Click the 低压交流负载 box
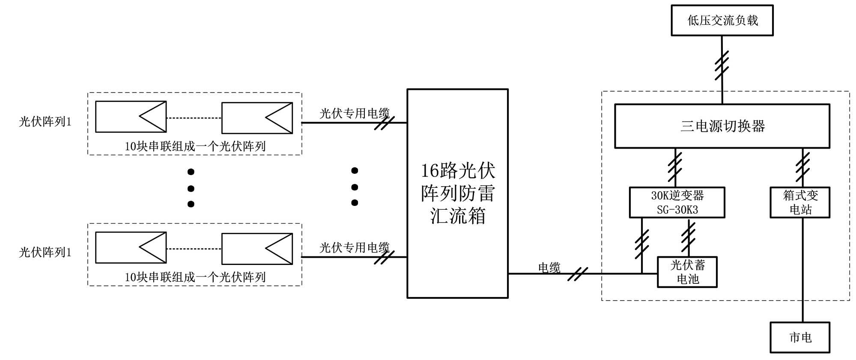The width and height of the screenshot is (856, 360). pyautogui.click(x=722, y=21)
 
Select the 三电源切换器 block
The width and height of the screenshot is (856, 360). pyautogui.click(x=722, y=126)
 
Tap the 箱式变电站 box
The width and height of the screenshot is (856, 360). pyautogui.click(x=800, y=202)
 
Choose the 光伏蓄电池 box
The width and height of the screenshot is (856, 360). pyautogui.click(x=687, y=272)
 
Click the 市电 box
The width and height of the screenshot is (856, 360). pyautogui.click(x=800, y=337)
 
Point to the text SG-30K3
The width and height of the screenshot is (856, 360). pyautogui.click(x=677, y=210)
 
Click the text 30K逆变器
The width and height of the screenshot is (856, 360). pyautogui.click(x=677, y=196)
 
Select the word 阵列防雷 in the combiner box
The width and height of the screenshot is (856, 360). pyautogui.click(x=458, y=193)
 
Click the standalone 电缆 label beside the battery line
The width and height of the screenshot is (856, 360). pyautogui.click(x=549, y=268)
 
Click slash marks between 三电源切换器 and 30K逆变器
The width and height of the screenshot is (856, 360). pyautogui.click(x=675, y=167)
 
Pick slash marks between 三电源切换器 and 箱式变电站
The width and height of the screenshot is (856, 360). pyautogui.click(x=803, y=167)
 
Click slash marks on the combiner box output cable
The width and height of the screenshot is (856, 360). pyautogui.click(x=578, y=274)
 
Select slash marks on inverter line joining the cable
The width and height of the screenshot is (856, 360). pyautogui.click(x=642, y=244)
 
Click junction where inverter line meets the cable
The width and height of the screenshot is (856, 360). pyautogui.click(x=642, y=274)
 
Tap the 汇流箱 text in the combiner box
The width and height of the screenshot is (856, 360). pyautogui.click(x=458, y=216)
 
